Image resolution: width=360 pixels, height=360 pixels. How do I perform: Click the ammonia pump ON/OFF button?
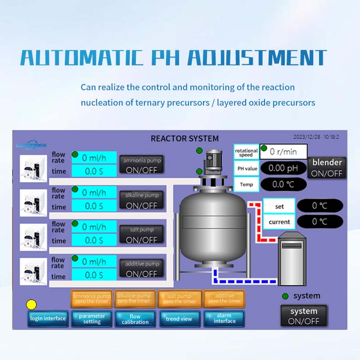[142, 165]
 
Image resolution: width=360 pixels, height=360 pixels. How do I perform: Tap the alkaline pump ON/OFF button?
[142, 200]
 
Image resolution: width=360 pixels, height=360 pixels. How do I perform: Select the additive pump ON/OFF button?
[142, 269]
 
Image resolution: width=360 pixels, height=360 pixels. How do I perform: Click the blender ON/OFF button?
[327, 167]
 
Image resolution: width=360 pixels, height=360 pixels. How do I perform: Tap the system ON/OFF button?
[304, 316]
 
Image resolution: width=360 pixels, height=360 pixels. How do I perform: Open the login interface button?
[48, 319]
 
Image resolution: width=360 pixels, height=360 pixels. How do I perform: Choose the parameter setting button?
[92, 319]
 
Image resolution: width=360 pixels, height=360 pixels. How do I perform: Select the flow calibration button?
[135, 319]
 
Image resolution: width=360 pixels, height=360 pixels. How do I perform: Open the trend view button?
[179, 319]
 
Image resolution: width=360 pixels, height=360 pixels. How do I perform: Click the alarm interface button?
[224, 319]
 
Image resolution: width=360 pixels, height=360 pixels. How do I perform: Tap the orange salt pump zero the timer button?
[179, 299]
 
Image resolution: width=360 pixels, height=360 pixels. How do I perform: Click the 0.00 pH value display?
[283, 168]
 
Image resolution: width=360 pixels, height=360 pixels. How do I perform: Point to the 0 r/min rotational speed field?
[283, 152]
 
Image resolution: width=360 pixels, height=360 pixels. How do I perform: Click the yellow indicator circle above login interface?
[31, 305]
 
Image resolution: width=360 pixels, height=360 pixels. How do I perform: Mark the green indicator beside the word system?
[285, 296]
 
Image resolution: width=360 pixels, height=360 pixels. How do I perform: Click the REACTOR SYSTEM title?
[184, 139]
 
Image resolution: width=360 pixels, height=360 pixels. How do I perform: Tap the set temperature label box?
[279, 207]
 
